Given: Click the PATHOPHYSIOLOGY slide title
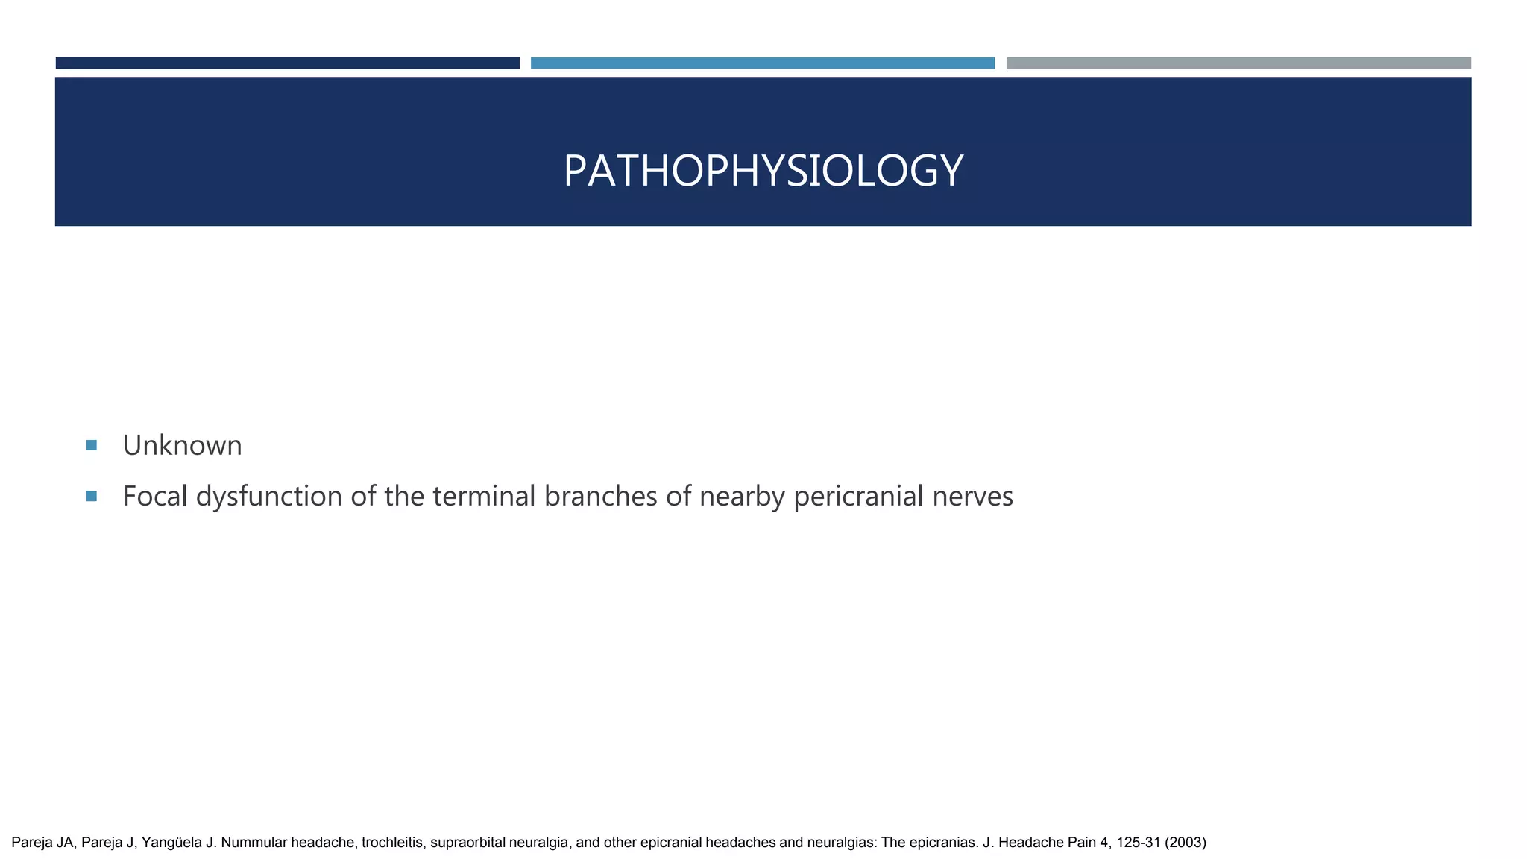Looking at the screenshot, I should [763, 171].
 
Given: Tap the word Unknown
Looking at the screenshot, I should [182, 446].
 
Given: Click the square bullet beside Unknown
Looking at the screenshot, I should [92, 445].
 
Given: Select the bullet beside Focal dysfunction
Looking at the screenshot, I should [92, 496].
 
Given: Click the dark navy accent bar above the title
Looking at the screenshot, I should [287, 63].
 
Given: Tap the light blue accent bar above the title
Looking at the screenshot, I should [762, 63].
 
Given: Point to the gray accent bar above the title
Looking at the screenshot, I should [1238, 63].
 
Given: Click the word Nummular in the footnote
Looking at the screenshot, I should [254, 843].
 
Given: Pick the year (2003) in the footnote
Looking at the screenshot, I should [1186, 843].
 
